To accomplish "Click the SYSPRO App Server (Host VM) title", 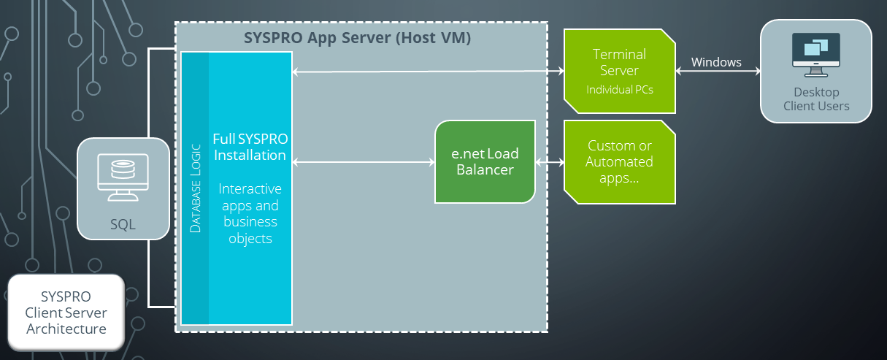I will pyautogui.click(x=357, y=38).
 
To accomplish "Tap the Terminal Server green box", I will pyautogui.click(x=619, y=71).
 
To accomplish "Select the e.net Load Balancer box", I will pyautogui.click(x=485, y=161).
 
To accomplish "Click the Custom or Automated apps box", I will pyautogui.click(x=619, y=161).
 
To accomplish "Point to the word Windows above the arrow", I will pyautogui.click(x=716, y=62).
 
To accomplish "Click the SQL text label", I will pyautogui.click(x=123, y=223).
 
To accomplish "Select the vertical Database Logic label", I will pyautogui.click(x=196, y=187).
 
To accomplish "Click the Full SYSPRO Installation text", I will pyautogui.click(x=250, y=147).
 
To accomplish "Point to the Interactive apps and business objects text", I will pyautogui.click(x=250, y=214).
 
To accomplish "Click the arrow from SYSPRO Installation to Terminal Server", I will pyautogui.click(x=428, y=72).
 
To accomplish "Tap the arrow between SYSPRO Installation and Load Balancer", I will pyautogui.click(x=363, y=161).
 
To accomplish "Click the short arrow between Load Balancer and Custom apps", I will pyautogui.click(x=550, y=161).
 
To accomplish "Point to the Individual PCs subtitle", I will pyautogui.click(x=619, y=90).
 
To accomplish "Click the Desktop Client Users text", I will pyautogui.click(x=816, y=99).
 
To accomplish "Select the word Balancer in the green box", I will pyautogui.click(x=485, y=170).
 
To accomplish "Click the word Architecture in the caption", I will pyautogui.click(x=66, y=329).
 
